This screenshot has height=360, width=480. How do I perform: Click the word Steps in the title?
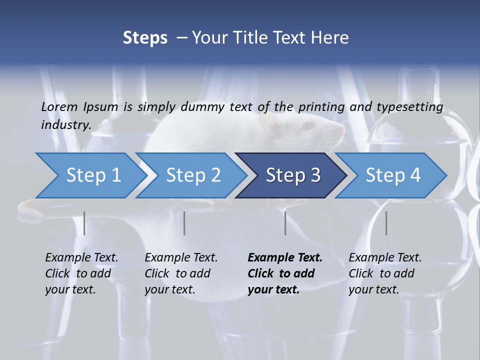[145, 38]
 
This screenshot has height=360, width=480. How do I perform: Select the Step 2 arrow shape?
[190, 175]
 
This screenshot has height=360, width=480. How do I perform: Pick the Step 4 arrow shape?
[391, 175]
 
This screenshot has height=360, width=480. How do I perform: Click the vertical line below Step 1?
[84, 223]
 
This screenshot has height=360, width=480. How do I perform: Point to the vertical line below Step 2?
[184, 223]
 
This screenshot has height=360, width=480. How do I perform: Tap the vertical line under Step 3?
[285, 223]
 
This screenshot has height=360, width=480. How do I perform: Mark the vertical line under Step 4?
[386, 223]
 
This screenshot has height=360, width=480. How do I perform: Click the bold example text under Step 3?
[285, 273]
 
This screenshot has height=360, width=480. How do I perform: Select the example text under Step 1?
[81, 273]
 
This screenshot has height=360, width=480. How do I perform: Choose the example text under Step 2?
[181, 273]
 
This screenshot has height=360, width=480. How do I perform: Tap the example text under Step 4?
[385, 273]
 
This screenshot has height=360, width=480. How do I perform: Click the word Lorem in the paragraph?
[59, 107]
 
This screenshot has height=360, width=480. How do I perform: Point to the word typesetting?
[413, 107]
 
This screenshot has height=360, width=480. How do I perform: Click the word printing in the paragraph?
[321, 107]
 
